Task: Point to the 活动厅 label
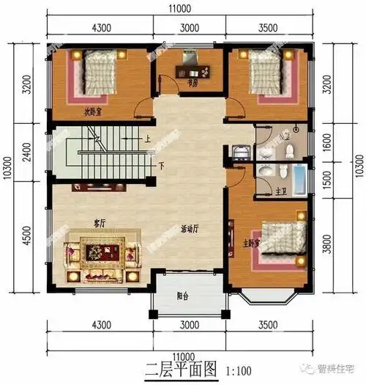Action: (x=191, y=227)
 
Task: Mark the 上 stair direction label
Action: (x=148, y=137)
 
